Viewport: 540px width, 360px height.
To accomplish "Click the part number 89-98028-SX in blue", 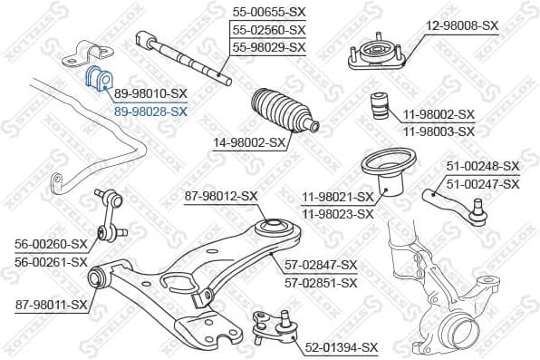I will (x=150, y=112).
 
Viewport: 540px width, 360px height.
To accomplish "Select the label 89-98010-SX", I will (x=150, y=93).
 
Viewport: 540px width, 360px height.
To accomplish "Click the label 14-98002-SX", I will (x=249, y=142).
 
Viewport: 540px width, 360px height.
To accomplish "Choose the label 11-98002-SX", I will (x=439, y=114).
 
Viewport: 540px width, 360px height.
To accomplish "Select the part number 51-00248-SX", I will (x=483, y=166).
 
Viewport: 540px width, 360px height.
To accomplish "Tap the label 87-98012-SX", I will (x=221, y=195).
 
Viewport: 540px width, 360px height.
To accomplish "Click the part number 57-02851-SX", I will (x=322, y=282).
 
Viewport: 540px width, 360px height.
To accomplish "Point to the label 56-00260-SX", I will (x=52, y=243).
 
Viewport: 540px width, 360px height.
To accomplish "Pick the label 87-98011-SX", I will (x=52, y=305).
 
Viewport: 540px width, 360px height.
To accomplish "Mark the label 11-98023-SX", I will (x=337, y=214).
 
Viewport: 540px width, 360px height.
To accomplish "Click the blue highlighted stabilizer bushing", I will (x=96, y=80).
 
